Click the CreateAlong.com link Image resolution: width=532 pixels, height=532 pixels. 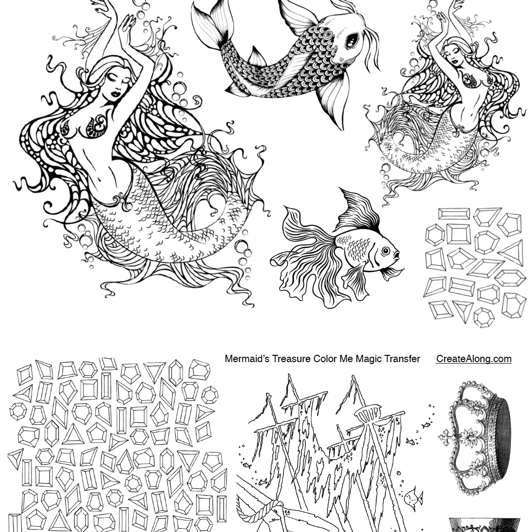pos(474,359)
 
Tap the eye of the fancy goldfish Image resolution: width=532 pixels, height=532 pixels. pos(386,251)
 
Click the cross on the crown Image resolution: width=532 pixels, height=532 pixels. pos(447,437)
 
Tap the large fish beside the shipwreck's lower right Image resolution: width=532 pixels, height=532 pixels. pos(413,498)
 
